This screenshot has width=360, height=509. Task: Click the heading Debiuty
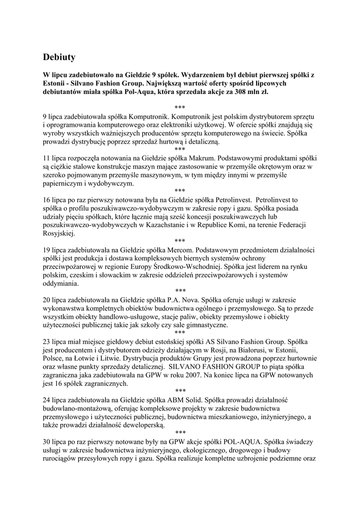[x=59, y=57]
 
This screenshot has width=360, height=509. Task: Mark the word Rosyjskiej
[x=58, y=233]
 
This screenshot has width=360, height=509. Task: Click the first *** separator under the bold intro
[x=180, y=107]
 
